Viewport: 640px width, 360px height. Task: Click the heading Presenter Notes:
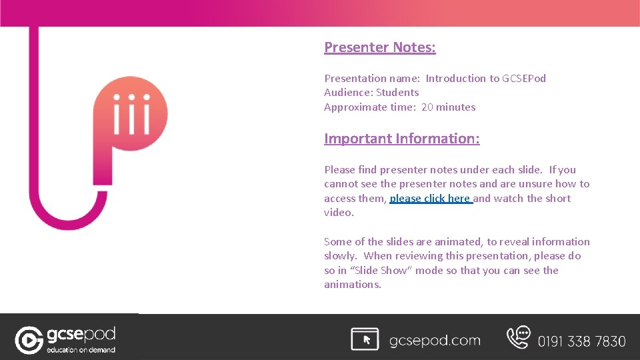379,47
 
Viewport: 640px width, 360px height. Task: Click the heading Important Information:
401,139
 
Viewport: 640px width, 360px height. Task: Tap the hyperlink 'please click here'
431,199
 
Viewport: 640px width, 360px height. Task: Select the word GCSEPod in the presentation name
524,79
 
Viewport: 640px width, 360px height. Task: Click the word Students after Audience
397,93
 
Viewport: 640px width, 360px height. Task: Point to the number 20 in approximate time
427,107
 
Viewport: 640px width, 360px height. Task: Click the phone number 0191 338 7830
581,341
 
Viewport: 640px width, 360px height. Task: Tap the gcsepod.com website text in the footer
435,341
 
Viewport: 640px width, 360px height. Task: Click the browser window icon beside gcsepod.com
365,339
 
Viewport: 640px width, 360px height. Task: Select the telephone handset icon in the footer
518,337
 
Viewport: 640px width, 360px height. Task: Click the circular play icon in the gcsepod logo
29,340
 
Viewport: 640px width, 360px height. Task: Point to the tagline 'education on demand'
81,349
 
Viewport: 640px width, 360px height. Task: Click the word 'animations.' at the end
353,285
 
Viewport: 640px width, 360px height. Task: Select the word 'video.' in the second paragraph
339,213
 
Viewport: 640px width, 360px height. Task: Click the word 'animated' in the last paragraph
460,242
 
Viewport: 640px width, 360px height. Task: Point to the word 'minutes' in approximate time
457,107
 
